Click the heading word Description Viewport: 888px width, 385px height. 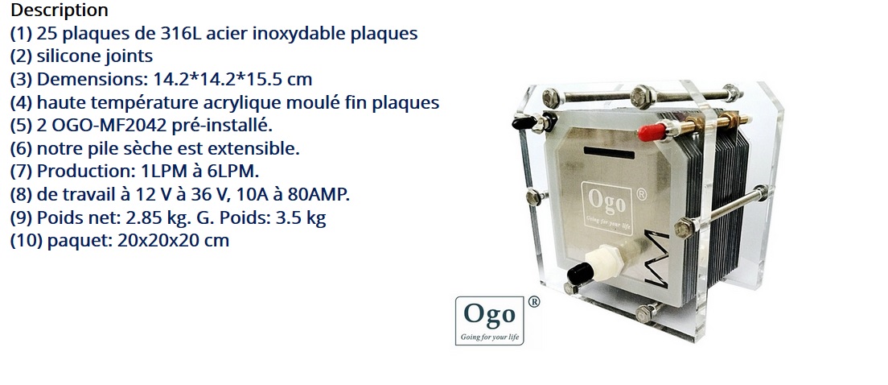point(60,10)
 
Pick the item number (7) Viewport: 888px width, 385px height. point(22,172)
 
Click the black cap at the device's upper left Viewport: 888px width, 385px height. point(524,122)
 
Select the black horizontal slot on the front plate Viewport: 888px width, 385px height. point(610,152)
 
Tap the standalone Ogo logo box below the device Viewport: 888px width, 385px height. point(490,321)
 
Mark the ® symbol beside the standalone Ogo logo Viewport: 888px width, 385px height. point(533,302)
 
